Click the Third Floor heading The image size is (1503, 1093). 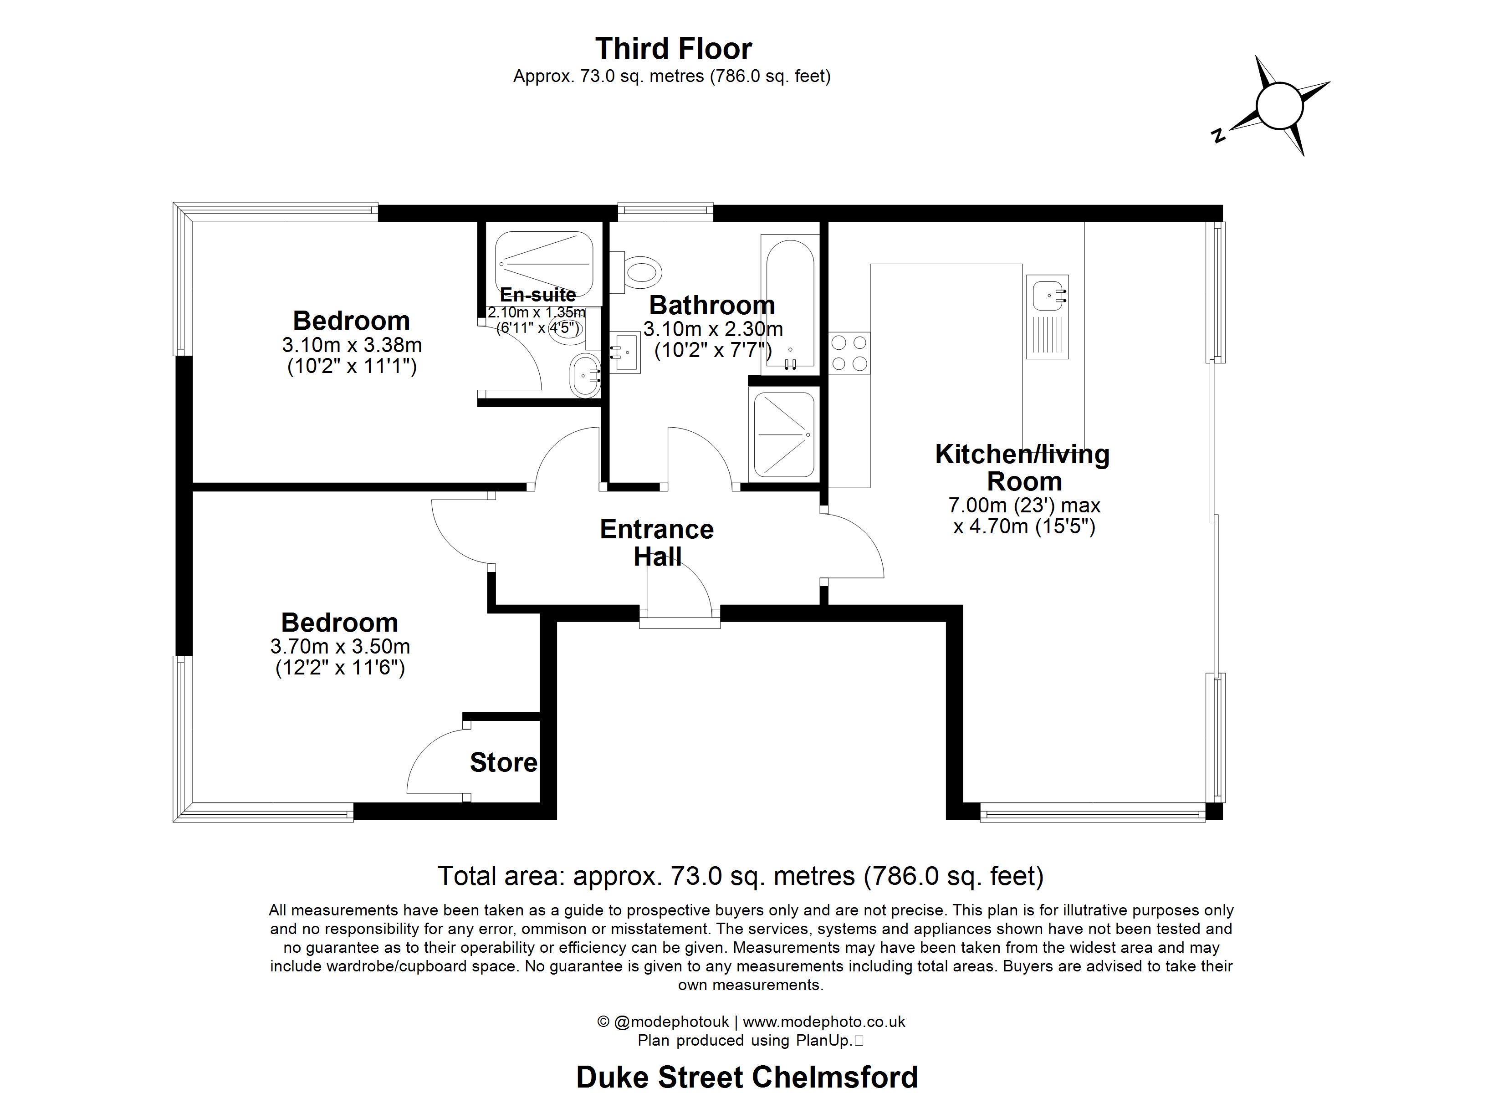tap(673, 48)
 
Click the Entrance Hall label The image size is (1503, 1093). tap(657, 542)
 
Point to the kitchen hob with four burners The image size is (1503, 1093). tap(849, 353)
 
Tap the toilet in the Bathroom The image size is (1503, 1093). tap(641, 272)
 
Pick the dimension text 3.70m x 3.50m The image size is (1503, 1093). tap(340, 646)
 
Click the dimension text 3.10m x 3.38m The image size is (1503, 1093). tap(352, 345)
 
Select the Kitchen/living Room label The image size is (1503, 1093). tap(1022, 467)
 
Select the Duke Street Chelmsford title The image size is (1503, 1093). tap(747, 1077)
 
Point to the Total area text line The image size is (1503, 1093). tap(740, 876)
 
